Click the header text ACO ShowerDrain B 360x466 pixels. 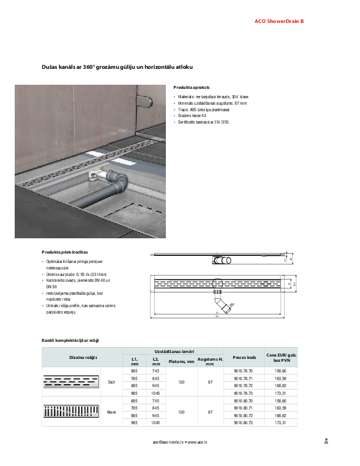point(279,22)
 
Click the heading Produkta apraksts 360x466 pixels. point(192,86)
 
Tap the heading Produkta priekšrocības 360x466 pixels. point(65,251)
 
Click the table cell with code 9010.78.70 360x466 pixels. point(243,371)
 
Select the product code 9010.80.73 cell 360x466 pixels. point(243,422)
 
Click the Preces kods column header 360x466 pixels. point(244,357)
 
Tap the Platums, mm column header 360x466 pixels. point(181,361)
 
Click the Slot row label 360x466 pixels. point(112,382)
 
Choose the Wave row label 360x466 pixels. point(112,412)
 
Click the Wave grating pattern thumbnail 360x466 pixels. point(71,412)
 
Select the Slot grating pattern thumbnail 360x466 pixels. point(71,382)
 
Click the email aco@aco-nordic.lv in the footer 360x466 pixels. point(168,441)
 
